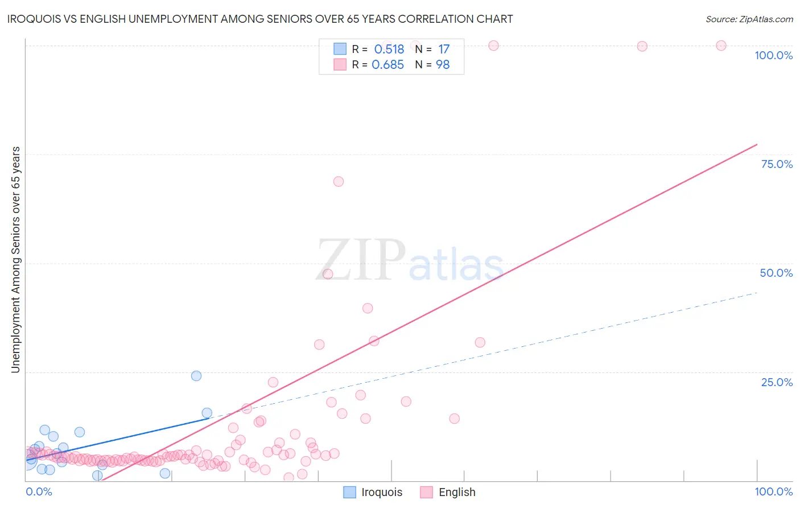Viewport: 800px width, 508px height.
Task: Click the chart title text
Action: coord(260,19)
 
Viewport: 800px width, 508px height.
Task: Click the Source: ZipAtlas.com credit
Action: coord(749,19)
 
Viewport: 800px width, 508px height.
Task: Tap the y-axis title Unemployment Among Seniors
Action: coord(15,260)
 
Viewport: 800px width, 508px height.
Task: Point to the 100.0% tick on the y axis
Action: coord(773,55)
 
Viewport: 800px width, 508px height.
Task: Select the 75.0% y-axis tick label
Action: coord(777,164)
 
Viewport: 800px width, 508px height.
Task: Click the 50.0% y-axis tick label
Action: coord(776,273)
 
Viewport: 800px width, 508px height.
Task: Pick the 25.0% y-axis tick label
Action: coord(777,382)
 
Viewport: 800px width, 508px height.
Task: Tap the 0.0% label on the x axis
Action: coord(39,491)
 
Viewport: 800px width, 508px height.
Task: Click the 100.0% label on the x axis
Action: coord(773,491)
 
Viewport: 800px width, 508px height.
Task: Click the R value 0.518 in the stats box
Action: coord(389,50)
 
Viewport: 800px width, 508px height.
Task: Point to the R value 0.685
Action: coord(387,65)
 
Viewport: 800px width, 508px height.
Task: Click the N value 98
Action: coord(443,65)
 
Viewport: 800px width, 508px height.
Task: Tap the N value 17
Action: coord(444,50)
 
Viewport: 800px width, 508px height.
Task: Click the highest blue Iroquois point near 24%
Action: coord(196,376)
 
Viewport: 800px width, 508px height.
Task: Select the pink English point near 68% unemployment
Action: coord(339,182)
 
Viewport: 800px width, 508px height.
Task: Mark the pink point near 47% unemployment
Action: coord(328,274)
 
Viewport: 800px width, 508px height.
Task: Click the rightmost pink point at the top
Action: coord(721,46)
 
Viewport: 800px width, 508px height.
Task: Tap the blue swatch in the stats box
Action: coord(340,49)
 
